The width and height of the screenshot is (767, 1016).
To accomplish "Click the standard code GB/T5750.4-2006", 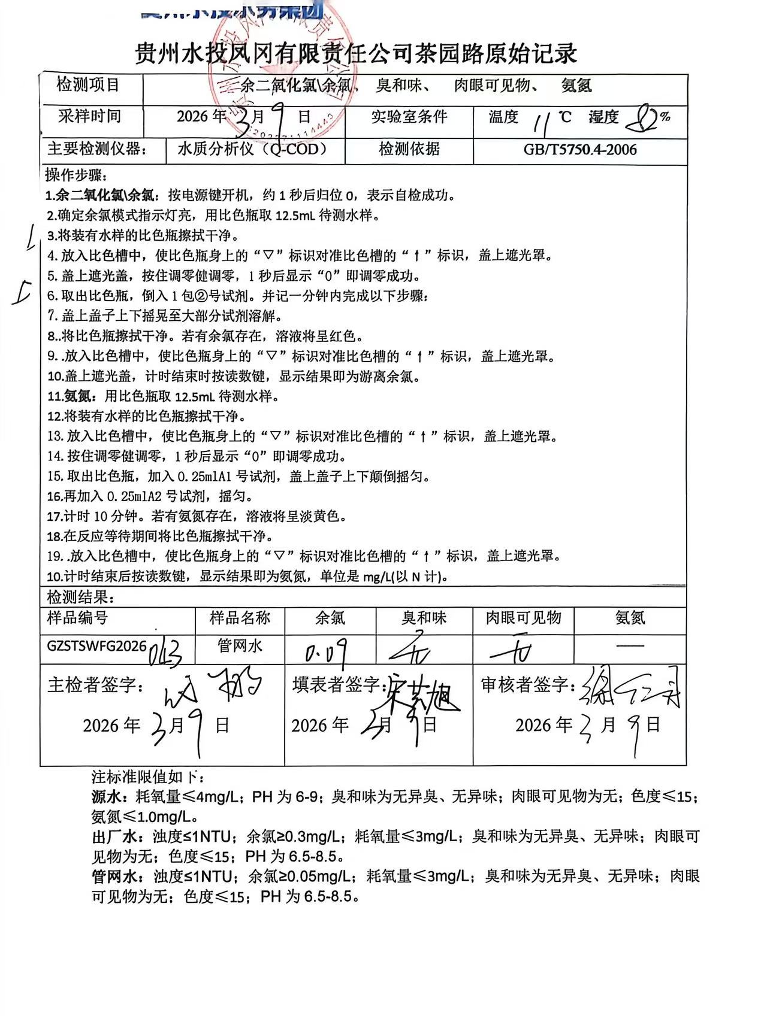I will tap(579, 150).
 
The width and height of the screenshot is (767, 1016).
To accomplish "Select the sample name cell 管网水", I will tap(240, 646).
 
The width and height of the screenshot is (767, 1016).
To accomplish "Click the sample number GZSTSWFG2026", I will tap(96, 646).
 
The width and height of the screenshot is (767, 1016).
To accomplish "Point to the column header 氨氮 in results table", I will tap(630, 618).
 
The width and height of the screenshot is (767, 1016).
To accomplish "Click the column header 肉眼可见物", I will tap(523, 618).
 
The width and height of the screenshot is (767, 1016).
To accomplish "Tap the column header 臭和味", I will tap(424, 618).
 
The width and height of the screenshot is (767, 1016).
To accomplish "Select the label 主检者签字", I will tap(95, 685).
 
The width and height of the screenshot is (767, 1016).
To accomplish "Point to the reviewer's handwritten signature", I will tap(629, 687).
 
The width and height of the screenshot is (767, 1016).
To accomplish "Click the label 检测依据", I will tap(409, 148).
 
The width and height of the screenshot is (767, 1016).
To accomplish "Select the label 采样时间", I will tap(89, 116).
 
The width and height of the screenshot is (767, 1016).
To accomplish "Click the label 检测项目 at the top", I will tap(88, 84).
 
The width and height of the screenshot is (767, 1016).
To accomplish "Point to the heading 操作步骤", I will tap(76, 175).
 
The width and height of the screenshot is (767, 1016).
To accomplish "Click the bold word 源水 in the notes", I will tap(108, 797).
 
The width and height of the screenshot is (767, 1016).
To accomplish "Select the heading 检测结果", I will tap(80, 597).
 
